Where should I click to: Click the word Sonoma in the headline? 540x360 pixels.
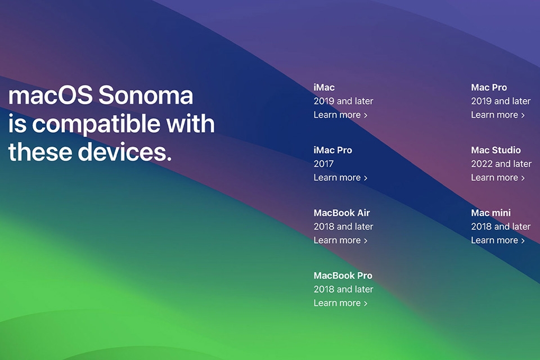tap(146, 96)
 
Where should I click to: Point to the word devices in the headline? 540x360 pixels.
tap(124, 152)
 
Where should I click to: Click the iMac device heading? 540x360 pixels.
tap(324, 88)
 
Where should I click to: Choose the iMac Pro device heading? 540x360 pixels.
tap(332, 150)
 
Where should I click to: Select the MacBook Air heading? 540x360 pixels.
tap(341, 213)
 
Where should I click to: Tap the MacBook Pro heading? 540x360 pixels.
tap(343, 276)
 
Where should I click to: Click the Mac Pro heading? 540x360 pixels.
tap(489, 88)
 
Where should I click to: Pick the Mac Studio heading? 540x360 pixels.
tap(496, 150)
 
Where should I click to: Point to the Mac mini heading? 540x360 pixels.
tap(490, 213)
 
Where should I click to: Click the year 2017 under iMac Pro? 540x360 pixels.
tap(323, 164)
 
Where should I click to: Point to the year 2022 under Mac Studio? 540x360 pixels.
tap(481, 164)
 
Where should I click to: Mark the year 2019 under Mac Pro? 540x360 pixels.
tap(481, 101)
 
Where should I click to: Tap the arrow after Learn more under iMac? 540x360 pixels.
tap(366, 115)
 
